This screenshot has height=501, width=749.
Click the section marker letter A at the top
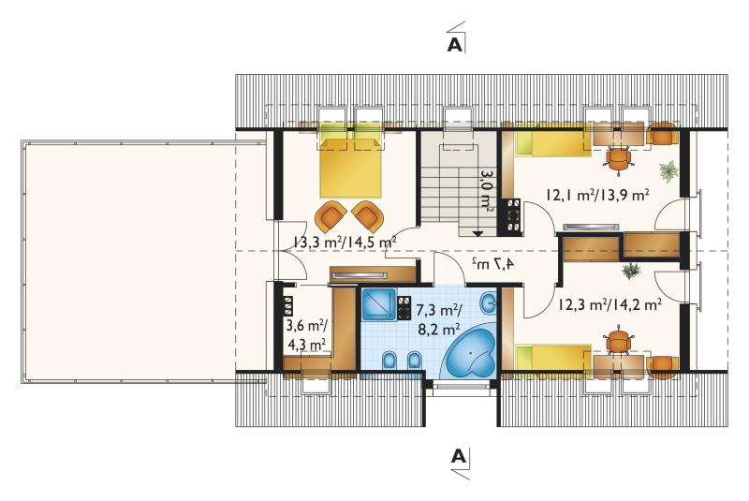(x=455, y=44)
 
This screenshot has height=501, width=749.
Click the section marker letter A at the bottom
(x=458, y=456)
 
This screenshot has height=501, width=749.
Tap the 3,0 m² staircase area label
(x=487, y=191)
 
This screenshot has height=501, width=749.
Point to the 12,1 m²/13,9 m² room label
(x=597, y=195)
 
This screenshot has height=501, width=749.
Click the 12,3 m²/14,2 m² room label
(x=610, y=304)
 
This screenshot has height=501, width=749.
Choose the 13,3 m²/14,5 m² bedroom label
(x=344, y=242)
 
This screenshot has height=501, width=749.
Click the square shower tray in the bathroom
(x=378, y=303)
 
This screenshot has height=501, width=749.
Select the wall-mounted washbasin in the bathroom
(x=489, y=302)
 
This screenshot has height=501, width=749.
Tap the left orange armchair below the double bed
(x=330, y=215)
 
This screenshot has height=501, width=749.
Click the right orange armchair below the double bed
(x=368, y=215)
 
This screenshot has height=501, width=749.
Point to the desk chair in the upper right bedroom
(x=618, y=157)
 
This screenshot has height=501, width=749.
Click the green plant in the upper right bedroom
(x=668, y=171)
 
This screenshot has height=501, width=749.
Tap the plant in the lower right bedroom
(x=631, y=271)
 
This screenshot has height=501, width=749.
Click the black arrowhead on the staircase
(x=477, y=233)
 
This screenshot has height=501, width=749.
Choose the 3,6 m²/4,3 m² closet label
(x=306, y=335)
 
